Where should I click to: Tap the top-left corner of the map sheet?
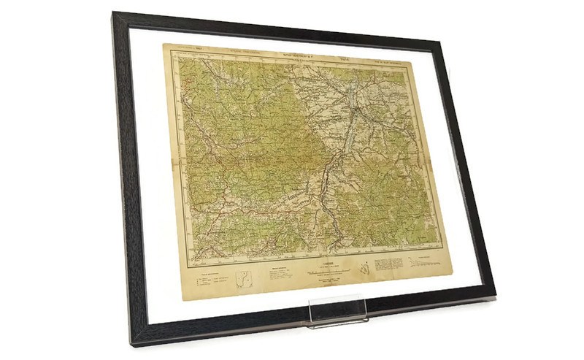(163, 44)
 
